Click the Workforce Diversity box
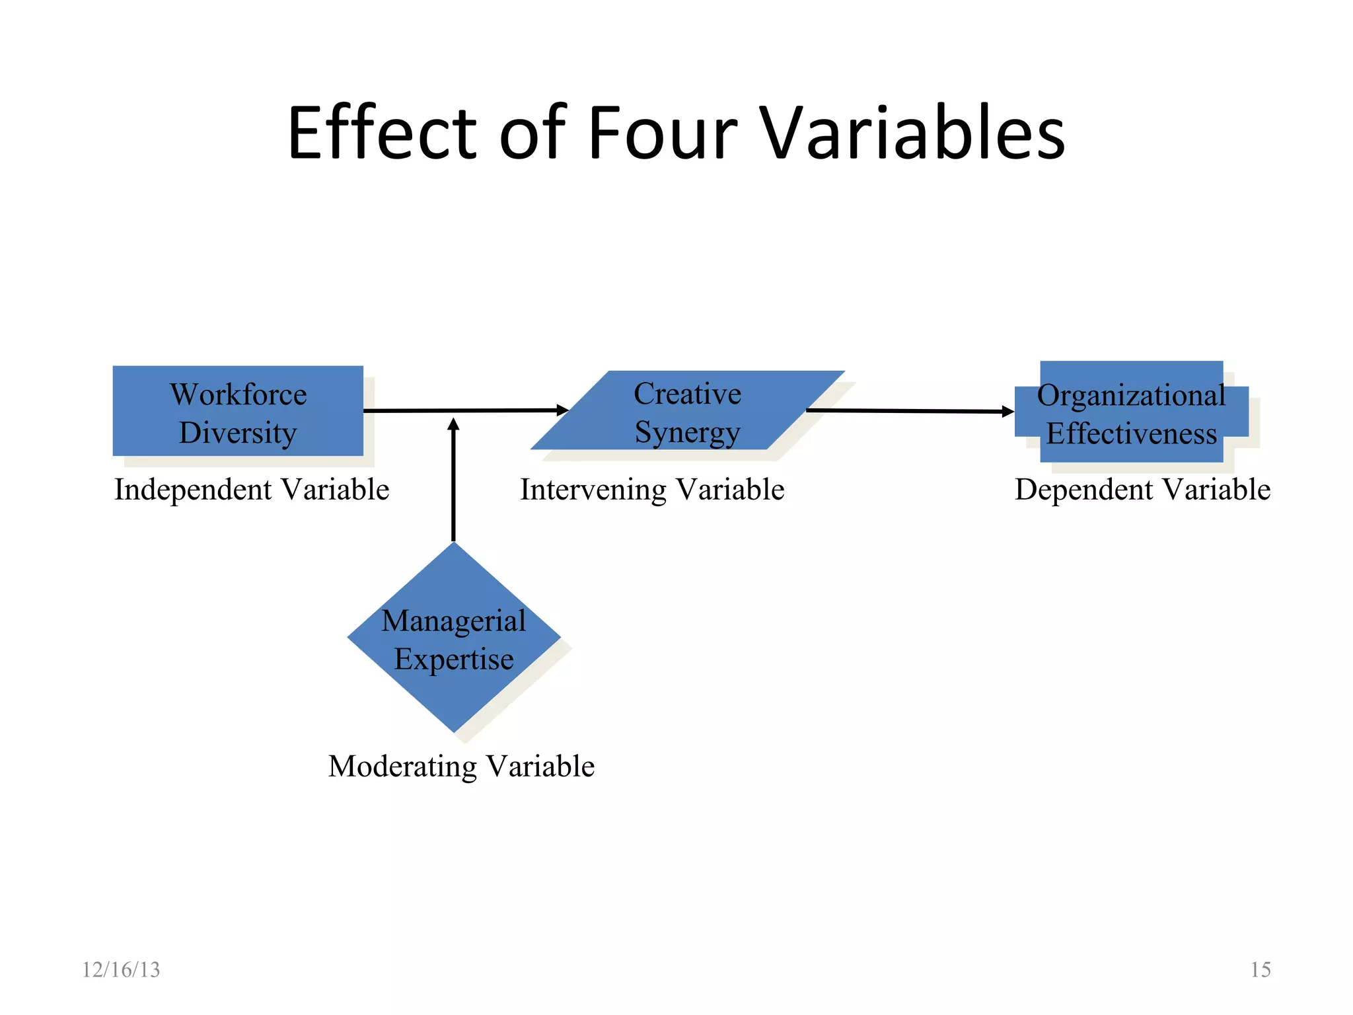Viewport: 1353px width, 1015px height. [x=238, y=411]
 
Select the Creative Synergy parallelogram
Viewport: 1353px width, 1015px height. [x=687, y=411]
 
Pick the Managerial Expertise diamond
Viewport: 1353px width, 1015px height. [x=454, y=638]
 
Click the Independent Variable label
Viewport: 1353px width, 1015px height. [x=252, y=490]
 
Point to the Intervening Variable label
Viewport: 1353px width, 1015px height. [x=652, y=490]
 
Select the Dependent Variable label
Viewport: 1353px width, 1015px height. [x=1142, y=490]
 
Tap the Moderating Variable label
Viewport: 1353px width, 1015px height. [x=461, y=767]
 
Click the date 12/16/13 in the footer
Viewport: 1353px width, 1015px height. [x=121, y=969]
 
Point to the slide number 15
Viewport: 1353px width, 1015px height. [x=1261, y=969]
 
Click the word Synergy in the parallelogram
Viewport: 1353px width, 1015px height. [x=687, y=433]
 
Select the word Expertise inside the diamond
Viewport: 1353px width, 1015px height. [x=454, y=659]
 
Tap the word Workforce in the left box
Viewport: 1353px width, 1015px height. [x=238, y=395]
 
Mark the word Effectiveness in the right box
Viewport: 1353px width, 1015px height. [x=1131, y=434]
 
